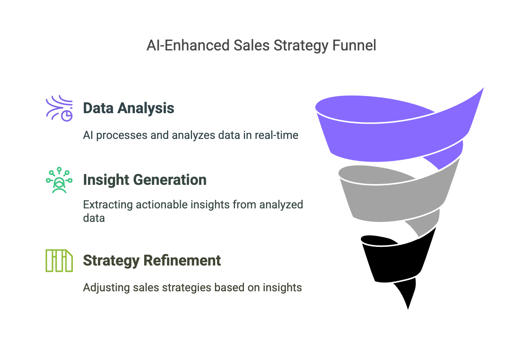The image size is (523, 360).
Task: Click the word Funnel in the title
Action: [x=354, y=45]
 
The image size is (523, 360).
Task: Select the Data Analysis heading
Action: [x=129, y=108]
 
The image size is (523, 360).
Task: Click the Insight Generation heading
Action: [x=145, y=180]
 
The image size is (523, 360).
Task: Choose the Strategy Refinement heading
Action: [x=152, y=261]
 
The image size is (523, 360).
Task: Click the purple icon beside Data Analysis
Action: [x=59, y=108]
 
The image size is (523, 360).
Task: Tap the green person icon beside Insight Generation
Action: [x=59, y=180]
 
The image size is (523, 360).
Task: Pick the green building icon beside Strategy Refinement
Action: [x=59, y=261]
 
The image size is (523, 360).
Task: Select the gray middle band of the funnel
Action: [x=394, y=201]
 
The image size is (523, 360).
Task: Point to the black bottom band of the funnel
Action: [x=394, y=261]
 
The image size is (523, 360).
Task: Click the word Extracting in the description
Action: [x=108, y=205]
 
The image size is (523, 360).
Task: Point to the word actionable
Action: [x=162, y=205]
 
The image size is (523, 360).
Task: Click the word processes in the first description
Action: [x=121, y=136]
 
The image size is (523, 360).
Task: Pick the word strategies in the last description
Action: [x=186, y=288]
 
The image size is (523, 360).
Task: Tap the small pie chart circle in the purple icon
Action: [x=67, y=116]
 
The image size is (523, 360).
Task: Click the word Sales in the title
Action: [x=251, y=45]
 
